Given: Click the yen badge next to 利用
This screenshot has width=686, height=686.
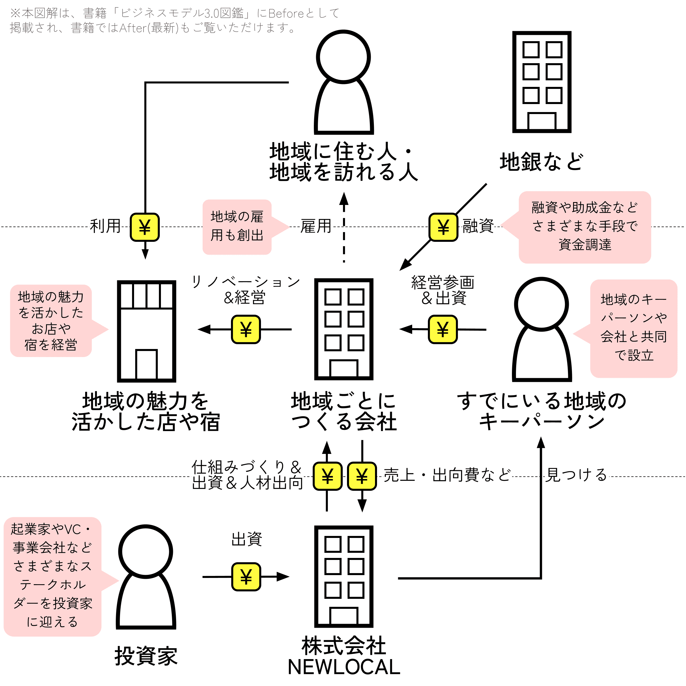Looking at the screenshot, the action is pos(145,227).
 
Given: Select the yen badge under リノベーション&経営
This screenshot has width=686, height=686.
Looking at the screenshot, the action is pos(246,329).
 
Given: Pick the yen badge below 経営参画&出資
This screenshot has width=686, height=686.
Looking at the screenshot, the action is pos(443,329).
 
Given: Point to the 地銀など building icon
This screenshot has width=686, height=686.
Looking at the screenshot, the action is pos(541,82).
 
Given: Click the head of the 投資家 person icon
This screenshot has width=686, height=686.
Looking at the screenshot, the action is pos(145,552).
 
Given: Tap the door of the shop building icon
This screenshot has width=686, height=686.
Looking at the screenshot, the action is pos(146,364).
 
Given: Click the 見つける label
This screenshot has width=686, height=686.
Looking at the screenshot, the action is pos(576,475).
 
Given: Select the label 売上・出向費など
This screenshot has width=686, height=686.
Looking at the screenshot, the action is pos(447,475).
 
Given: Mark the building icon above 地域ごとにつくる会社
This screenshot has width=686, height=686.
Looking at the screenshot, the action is pos(344,329).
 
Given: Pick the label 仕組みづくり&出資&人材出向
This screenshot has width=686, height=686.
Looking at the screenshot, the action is pos(247,475).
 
